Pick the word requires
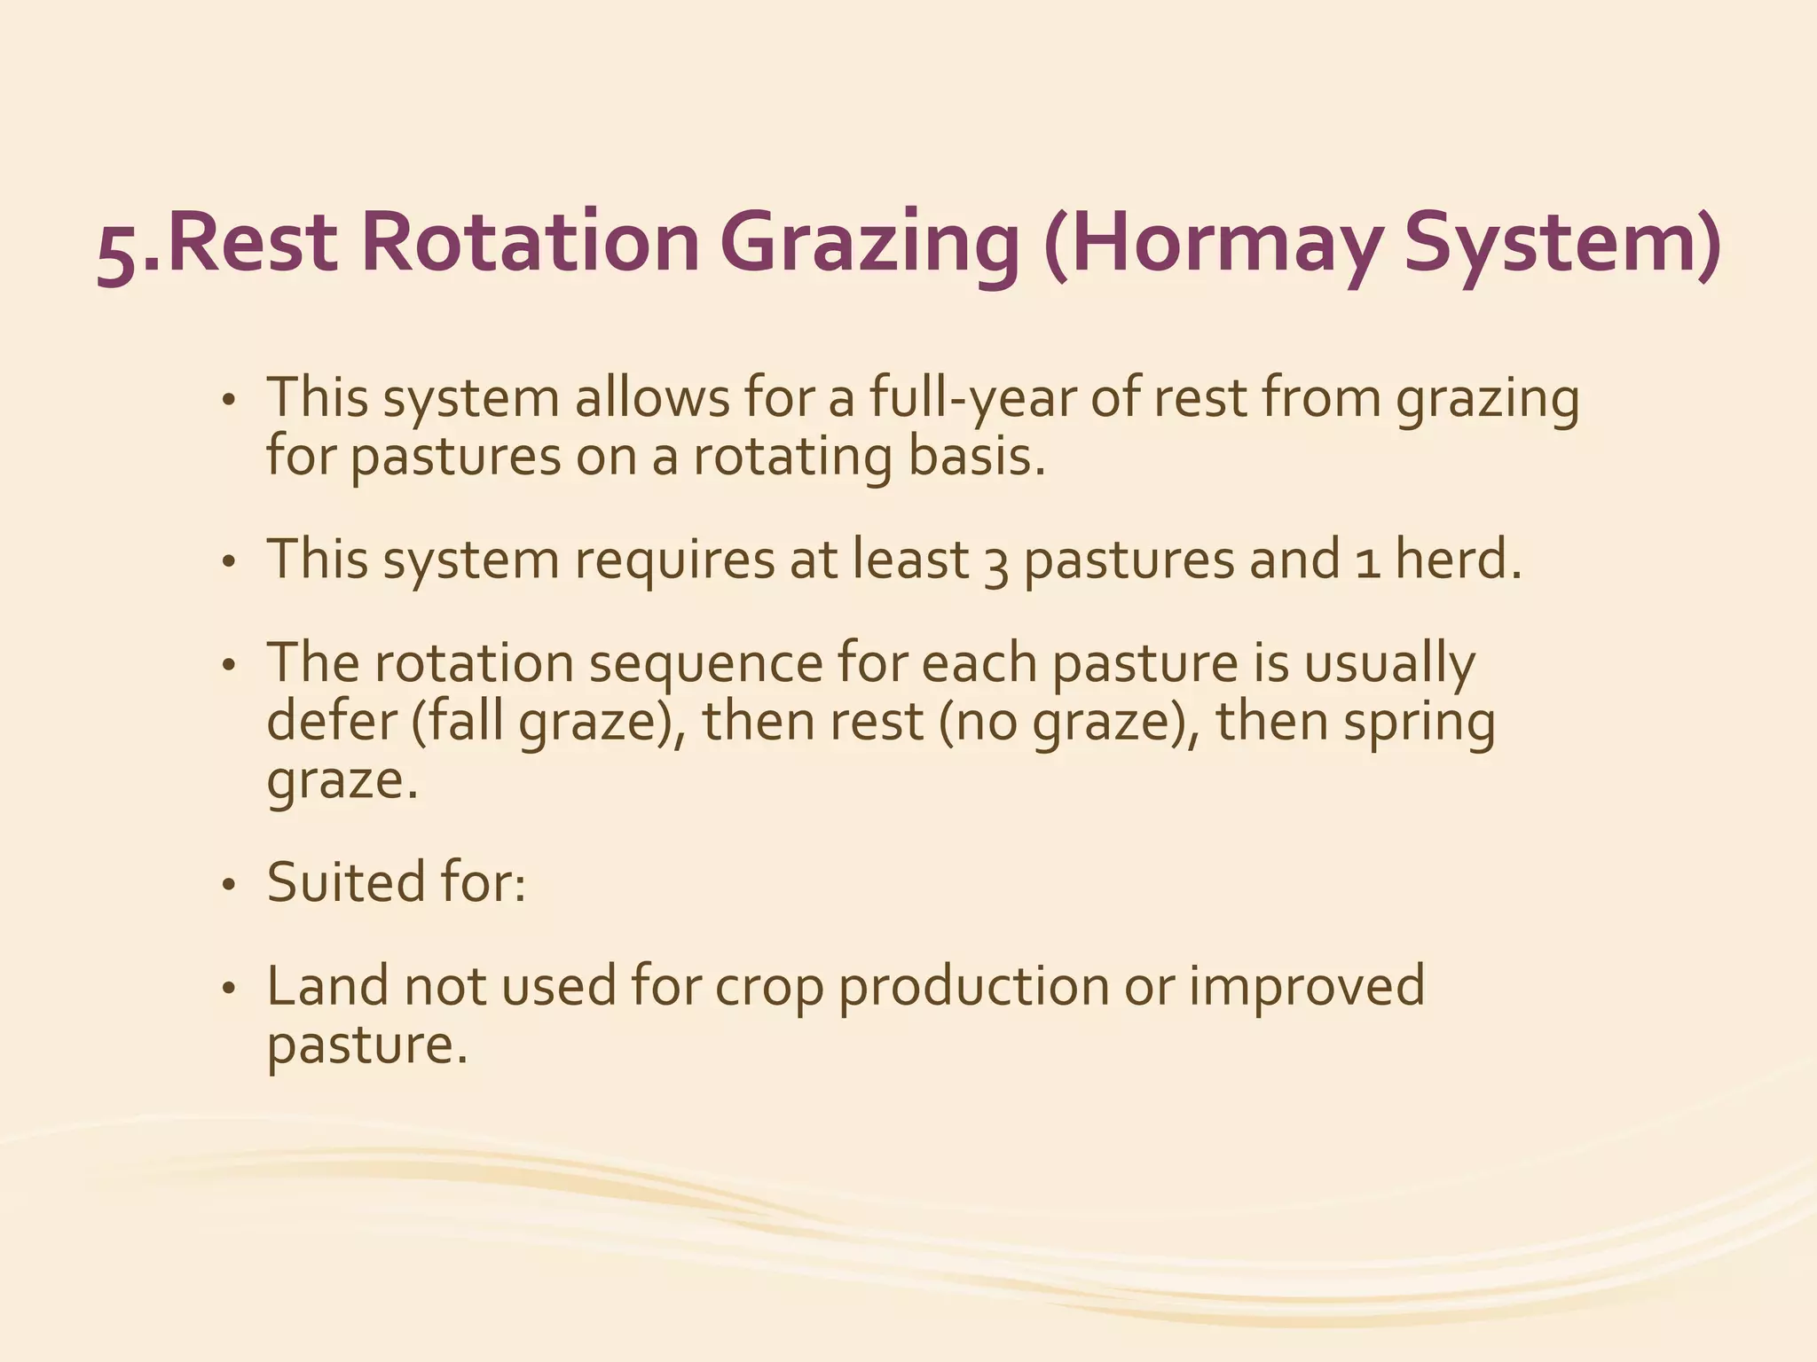674,562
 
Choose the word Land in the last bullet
327,986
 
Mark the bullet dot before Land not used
229,989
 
